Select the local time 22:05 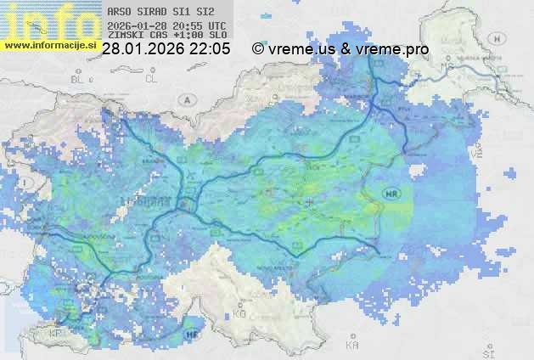click(x=211, y=49)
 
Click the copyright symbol click(x=257, y=49)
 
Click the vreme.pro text click(x=392, y=49)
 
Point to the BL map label click(x=80, y=79)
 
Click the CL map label click(x=152, y=79)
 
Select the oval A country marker click(x=186, y=98)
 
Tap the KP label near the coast click(x=57, y=334)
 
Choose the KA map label click(x=352, y=346)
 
